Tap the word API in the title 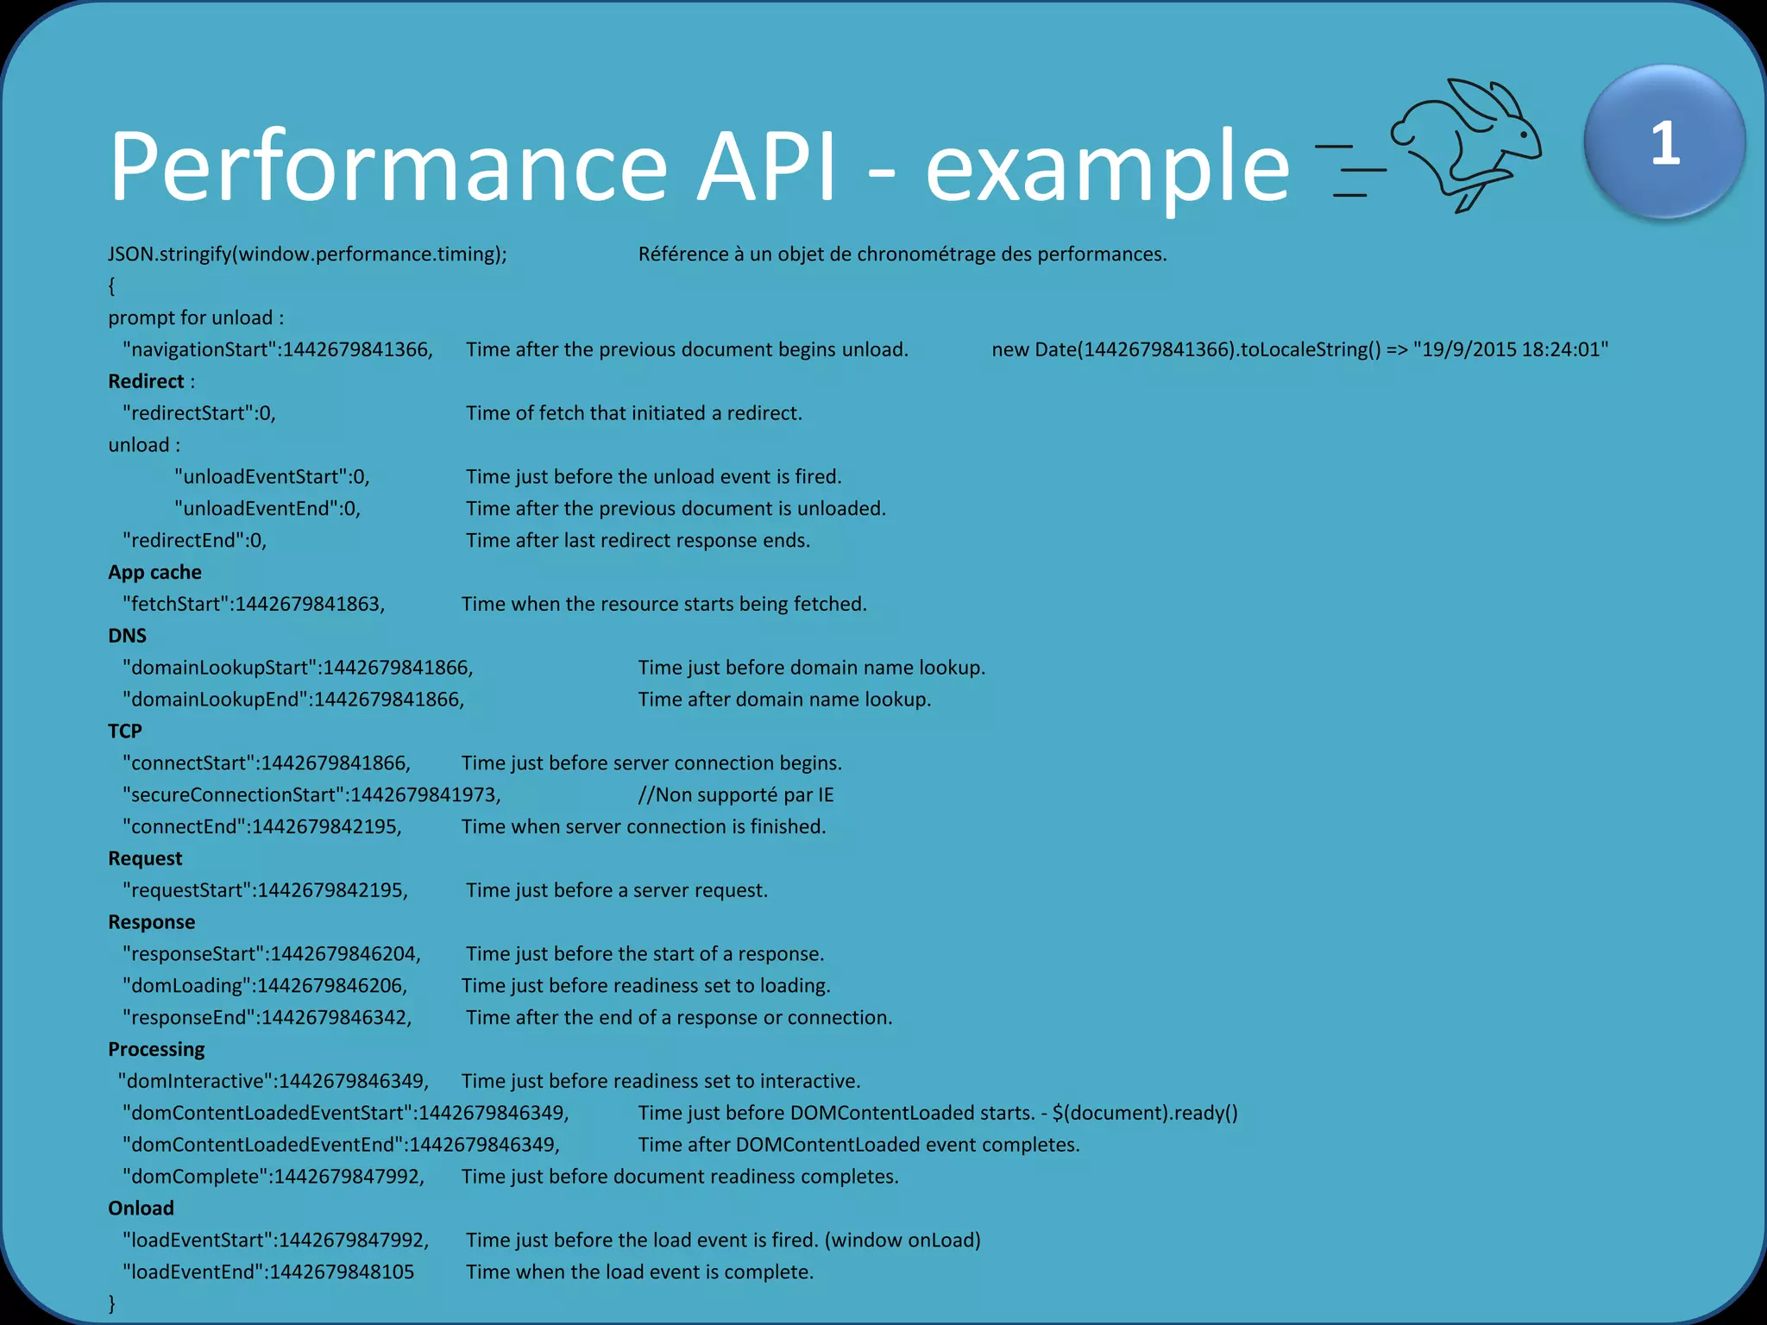pos(767,166)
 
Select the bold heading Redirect pos(146,381)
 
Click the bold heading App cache pos(154,572)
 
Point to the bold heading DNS pos(127,636)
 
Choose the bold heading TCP pos(125,731)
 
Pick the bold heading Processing pos(156,1049)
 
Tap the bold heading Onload pos(141,1208)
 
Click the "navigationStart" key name pos(199,349)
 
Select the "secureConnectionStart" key pos(233,794)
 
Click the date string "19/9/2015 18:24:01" pos(1511,349)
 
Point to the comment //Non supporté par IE pos(736,794)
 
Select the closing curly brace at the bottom pos(112,1303)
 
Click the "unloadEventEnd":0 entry pos(267,509)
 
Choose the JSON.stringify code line pos(307,254)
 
